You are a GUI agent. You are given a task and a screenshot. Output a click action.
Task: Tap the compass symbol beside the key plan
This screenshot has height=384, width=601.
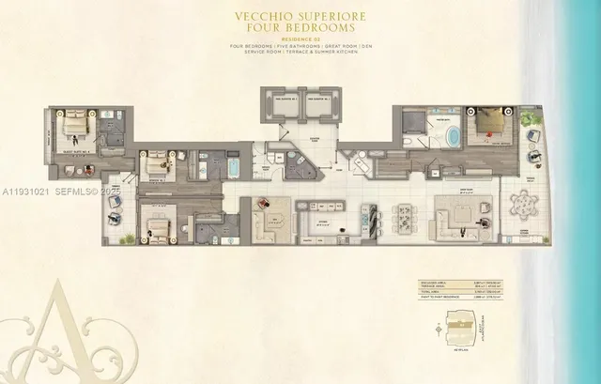[x=439, y=327]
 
